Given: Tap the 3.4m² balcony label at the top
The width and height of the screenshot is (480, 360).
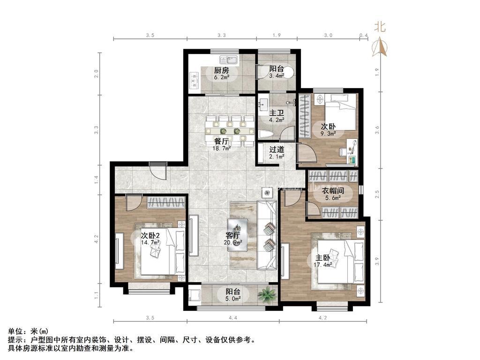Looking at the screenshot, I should pos(276,68).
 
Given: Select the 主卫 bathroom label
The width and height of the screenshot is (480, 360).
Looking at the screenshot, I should pos(275,113).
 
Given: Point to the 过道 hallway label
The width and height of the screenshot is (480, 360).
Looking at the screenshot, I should pos(276,150).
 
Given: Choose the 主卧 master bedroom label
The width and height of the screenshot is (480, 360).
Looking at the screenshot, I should pos(322,258).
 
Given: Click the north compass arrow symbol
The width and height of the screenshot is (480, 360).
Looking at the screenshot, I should pos(379,47).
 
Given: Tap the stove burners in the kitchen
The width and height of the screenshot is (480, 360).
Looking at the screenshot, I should pos(193,80).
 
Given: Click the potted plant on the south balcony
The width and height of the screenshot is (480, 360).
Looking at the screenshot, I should pos(268,294).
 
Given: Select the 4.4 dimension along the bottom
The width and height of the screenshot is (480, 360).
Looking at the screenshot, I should pos(233,318).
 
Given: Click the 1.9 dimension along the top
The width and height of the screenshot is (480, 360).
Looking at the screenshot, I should pos(276,36).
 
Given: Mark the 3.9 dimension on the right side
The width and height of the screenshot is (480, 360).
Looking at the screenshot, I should pos(378,260).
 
